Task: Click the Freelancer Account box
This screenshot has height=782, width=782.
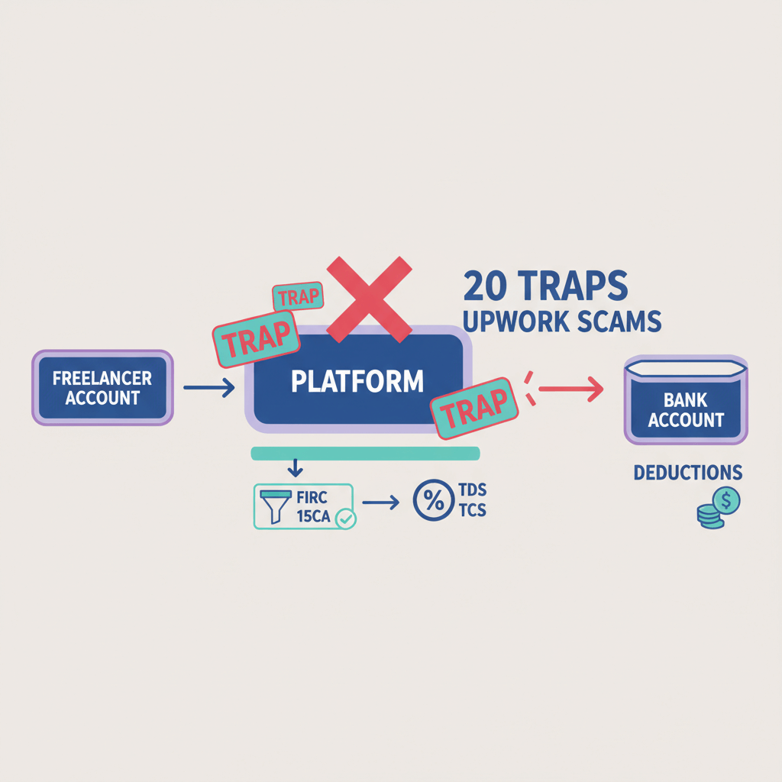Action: [102, 387]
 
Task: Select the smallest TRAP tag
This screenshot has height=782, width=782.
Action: [298, 297]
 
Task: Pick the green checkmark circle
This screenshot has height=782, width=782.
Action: [346, 519]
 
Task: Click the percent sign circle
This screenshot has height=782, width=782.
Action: [433, 501]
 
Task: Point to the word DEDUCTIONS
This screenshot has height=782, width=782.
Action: [687, 473]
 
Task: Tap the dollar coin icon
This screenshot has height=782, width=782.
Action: [725, 501]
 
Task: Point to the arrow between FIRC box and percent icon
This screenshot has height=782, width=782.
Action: [380, 502]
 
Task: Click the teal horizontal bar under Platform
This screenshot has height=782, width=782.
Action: [365, 454]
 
